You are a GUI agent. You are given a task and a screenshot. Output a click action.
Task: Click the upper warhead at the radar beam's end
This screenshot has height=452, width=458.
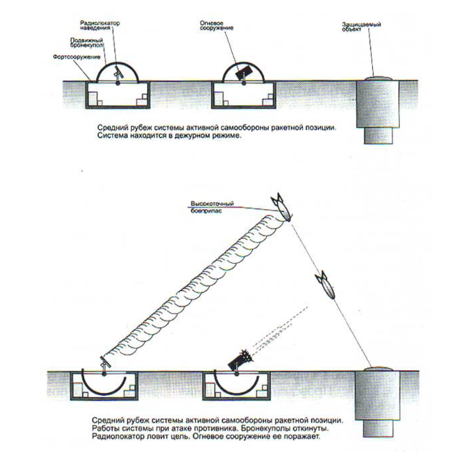click(281, 209)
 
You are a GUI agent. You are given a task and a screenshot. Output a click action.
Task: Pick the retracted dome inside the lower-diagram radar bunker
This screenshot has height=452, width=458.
click(104, 390)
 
